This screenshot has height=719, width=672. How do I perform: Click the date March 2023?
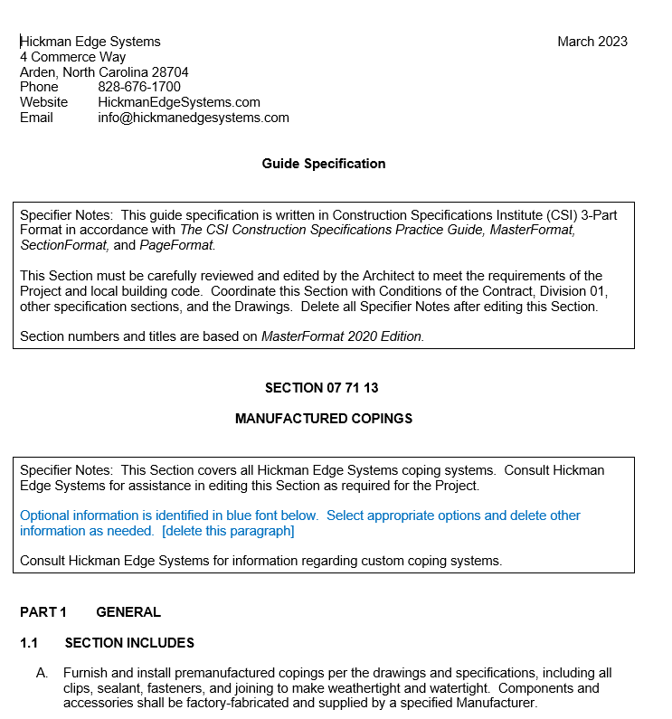pos(592,42)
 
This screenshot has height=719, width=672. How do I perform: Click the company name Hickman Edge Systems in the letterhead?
pos(90,42)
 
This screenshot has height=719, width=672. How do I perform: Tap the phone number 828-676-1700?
pos(139,87)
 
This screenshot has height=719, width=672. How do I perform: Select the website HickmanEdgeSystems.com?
pos(179,102)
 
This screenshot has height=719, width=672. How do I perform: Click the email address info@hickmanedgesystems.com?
pos(194,118)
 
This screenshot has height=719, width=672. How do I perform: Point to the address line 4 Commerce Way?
pos(73,57)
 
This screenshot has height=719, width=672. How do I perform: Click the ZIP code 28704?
pos(170,72)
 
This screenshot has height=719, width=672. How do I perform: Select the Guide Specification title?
pos(324,164)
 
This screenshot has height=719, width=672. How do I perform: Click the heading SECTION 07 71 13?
pos(322,388)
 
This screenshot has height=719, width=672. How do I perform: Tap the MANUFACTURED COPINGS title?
pos(324,419)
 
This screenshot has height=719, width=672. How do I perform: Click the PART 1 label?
pos(43,612)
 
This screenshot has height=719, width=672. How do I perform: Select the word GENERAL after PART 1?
pos(128,612)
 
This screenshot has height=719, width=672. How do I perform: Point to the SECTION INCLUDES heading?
pos(129,643)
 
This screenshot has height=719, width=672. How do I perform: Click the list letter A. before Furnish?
pos(42,673)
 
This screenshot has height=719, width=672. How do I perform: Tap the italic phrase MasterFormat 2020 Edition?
pos(342,336)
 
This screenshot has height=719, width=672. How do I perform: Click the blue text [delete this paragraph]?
pos(228,531)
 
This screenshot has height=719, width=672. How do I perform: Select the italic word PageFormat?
pos(177,245)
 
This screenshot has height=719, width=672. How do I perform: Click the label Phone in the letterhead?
pos(39,87)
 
